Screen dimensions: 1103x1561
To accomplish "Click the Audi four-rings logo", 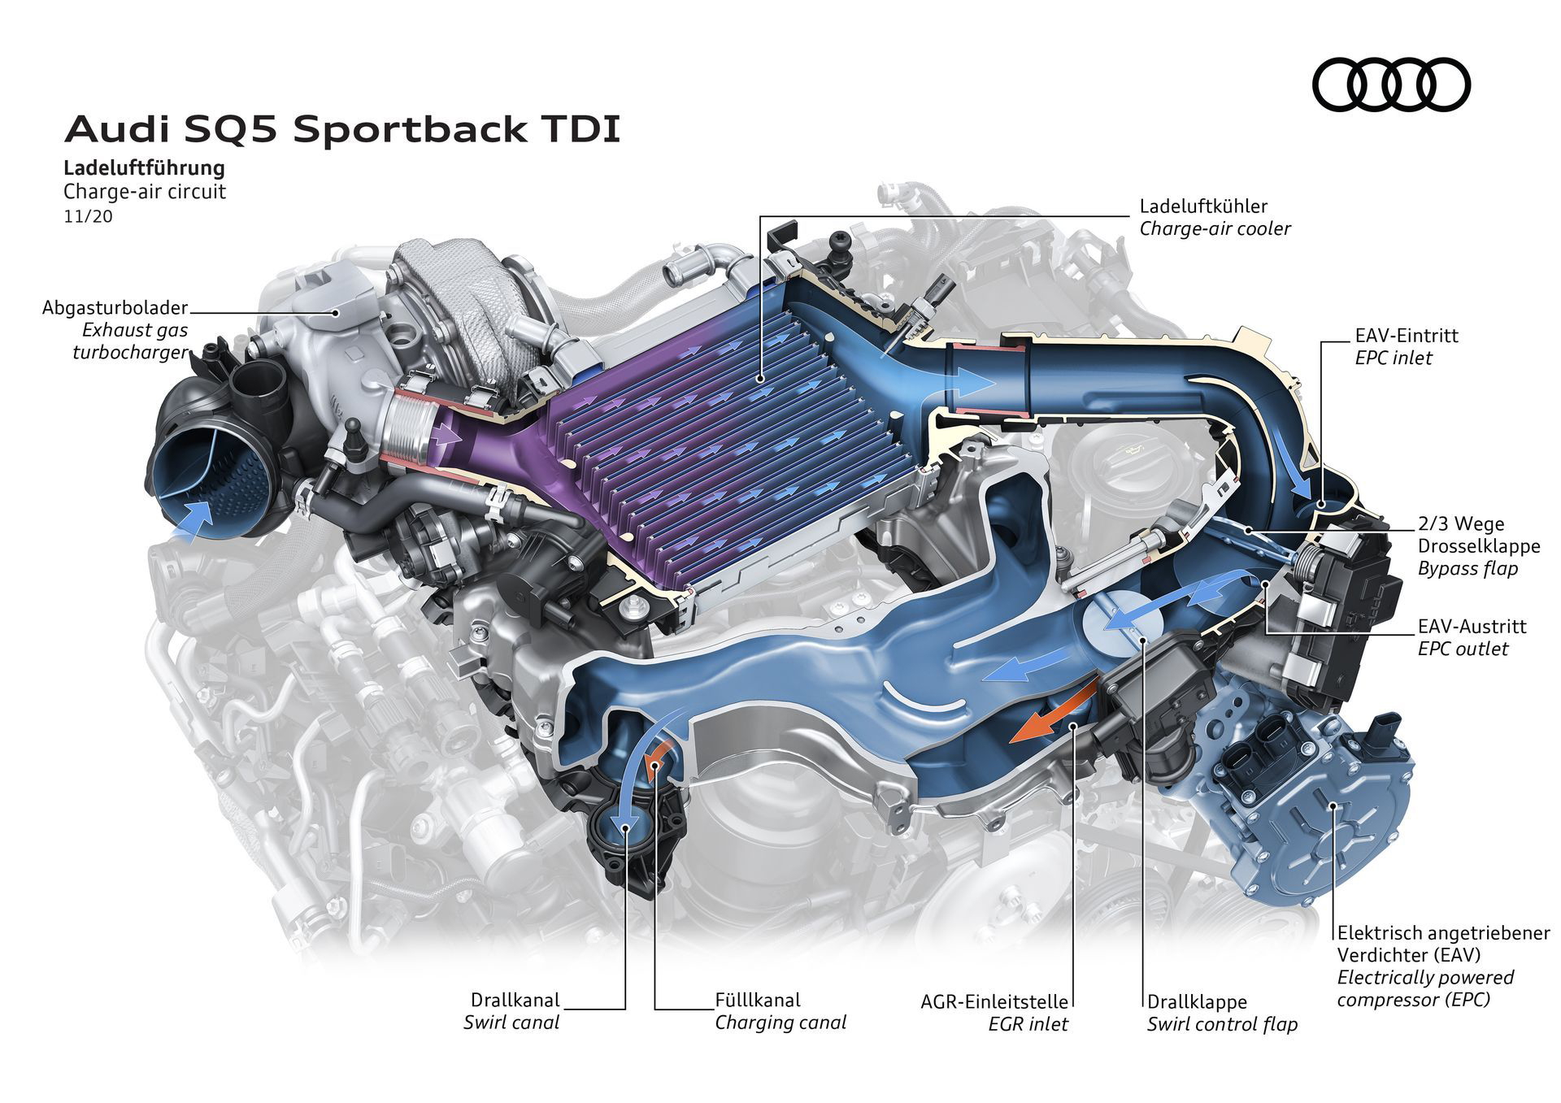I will tap(1391, 85).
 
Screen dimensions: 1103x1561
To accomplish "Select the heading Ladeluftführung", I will tap(144, 168).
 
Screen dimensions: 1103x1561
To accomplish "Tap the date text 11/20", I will tap(88, 217).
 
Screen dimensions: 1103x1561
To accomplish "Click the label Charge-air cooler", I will tap(1215, 228).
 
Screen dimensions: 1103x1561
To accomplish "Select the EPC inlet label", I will tap(1393, 358).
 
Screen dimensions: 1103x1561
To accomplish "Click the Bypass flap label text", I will tap(1468, 568).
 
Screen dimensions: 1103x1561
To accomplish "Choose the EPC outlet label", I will tap(1463, 649).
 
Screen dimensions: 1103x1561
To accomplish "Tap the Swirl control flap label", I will tap(1222, 1024).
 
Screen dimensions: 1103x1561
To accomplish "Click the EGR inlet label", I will tap(1028, 1024).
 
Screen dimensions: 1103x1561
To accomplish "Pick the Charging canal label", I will tap(780, 1022).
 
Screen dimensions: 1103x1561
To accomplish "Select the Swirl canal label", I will tap(511, 1022).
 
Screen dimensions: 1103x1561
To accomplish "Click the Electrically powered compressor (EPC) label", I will tap(1425, 988).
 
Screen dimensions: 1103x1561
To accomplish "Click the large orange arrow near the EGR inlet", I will tap(1054, 712).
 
